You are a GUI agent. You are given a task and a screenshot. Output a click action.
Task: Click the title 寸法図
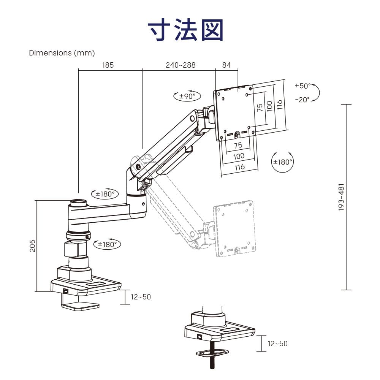pos(186,30)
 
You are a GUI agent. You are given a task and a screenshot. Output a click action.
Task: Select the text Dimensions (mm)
pos(62,53)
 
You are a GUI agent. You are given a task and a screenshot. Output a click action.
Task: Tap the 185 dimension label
pos(108,65)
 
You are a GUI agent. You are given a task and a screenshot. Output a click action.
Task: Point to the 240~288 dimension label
pos(180,65)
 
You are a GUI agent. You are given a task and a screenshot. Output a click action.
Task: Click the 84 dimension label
pos(226,65)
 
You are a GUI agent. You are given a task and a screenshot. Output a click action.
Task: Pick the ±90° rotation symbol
pos(187,96)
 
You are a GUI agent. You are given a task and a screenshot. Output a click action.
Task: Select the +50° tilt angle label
pos(302,86)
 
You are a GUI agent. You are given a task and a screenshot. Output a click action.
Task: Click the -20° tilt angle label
pos(302,100)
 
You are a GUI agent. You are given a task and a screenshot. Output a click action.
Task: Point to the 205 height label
pos(33,245)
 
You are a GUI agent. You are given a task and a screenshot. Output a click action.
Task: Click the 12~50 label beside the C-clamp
pos(141,297)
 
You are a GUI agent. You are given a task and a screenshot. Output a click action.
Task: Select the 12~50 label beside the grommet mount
pos(277,344)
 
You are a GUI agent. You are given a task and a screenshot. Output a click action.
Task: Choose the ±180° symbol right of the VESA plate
pos(283,161)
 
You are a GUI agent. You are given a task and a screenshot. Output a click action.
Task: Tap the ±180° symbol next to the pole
pos(107,244)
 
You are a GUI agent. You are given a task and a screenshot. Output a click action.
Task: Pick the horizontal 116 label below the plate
pos(239,167)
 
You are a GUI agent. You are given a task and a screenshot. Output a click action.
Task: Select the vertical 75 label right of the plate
pos(260,108)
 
